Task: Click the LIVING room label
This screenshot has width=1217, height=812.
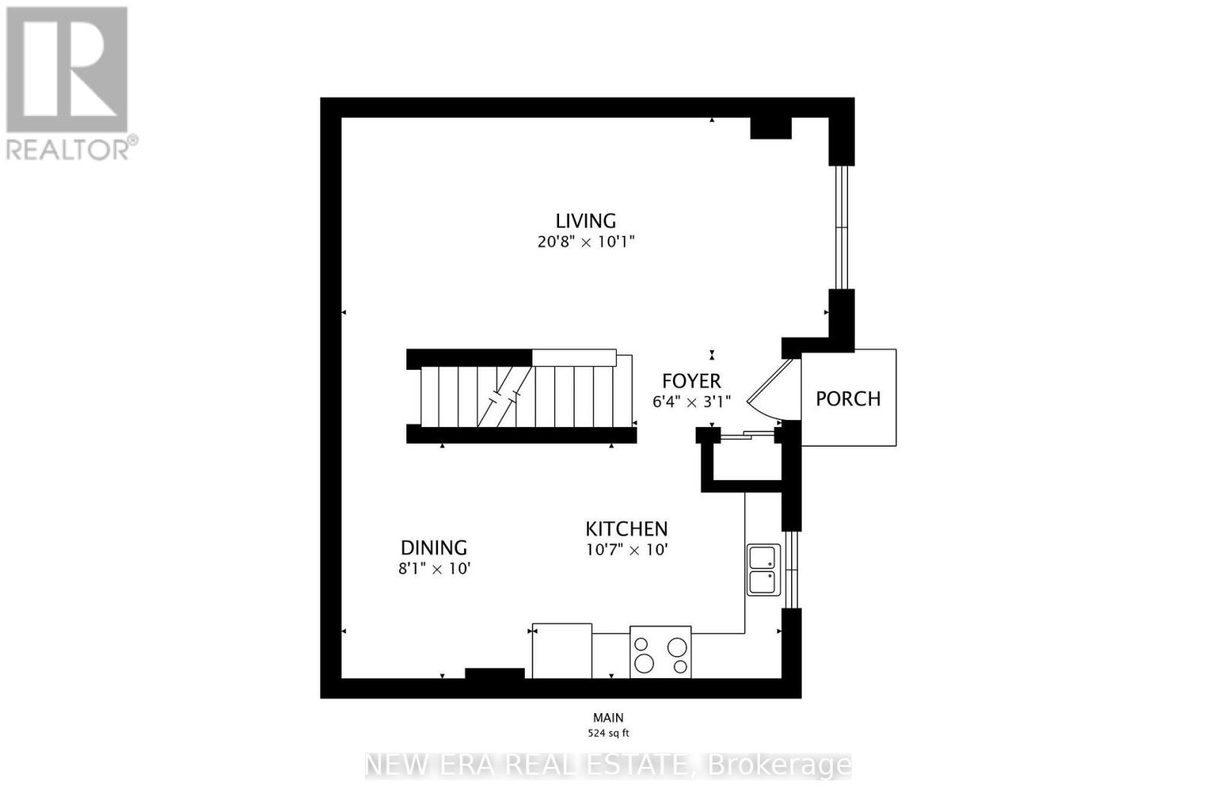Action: point(586,221)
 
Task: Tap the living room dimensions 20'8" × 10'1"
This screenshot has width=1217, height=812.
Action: point(586,242)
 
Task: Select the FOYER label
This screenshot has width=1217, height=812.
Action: point(691,381)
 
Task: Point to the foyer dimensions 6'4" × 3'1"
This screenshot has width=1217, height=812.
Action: point(691,402)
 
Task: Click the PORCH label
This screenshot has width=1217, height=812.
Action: point(848,399)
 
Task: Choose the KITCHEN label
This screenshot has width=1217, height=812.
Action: point(627,529)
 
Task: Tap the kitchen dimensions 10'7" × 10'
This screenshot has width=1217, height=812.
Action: point(627,549)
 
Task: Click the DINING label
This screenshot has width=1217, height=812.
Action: point(434,547)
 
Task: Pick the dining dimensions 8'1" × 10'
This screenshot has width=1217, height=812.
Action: point(434,568)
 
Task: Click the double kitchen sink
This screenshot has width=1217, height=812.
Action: point(764,569)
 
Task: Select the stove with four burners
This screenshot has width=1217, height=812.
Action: point(660,651)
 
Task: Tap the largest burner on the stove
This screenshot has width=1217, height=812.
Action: point(644,664)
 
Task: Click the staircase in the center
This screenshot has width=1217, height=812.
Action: point(520,396)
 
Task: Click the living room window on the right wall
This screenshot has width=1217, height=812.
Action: point(841,228)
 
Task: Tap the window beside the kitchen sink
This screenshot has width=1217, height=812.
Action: point(792,569)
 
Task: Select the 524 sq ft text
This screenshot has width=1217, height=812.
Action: point(608,733)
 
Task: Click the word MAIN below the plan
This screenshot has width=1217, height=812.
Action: point(608,718)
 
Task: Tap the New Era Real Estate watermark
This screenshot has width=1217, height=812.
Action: point(608,766)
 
